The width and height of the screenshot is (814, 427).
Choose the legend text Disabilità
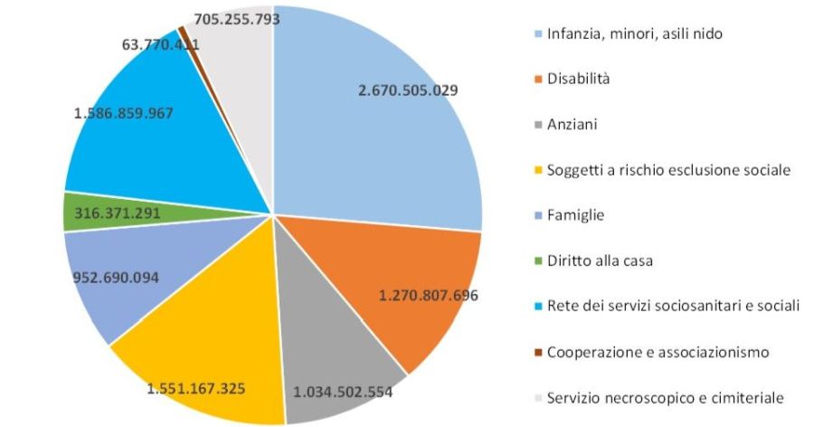tap(578, 79)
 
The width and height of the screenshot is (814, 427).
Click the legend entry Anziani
tap(572, 124)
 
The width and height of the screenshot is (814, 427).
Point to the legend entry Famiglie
tap(575, 214)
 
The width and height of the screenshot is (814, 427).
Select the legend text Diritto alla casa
tap(600, 260)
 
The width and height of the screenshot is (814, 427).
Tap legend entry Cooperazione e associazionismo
tap(658, 351)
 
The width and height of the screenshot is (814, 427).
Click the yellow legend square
tap(537, 170)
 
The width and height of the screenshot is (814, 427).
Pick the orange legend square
tap(537, 80)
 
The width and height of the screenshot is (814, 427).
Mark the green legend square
tap(537, 261)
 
